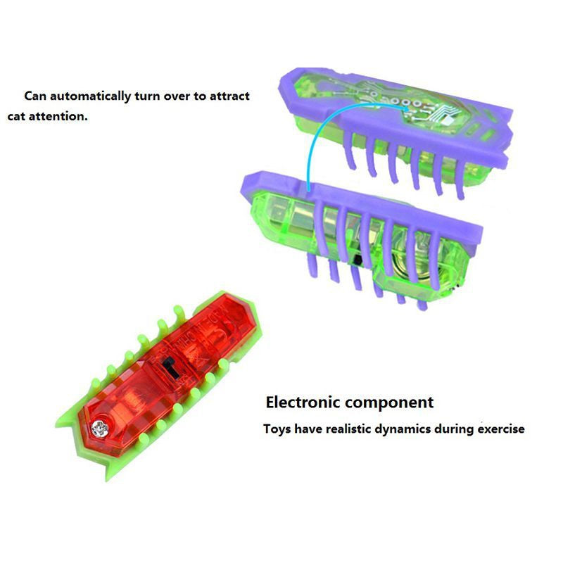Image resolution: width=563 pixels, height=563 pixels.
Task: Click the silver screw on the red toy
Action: tap(100, 428)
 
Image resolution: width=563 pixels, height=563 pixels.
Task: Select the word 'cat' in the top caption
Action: tap(16, 116)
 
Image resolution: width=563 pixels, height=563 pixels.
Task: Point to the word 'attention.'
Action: tap(58, 116)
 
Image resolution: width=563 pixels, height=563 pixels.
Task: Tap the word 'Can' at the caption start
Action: tap(35, 96)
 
